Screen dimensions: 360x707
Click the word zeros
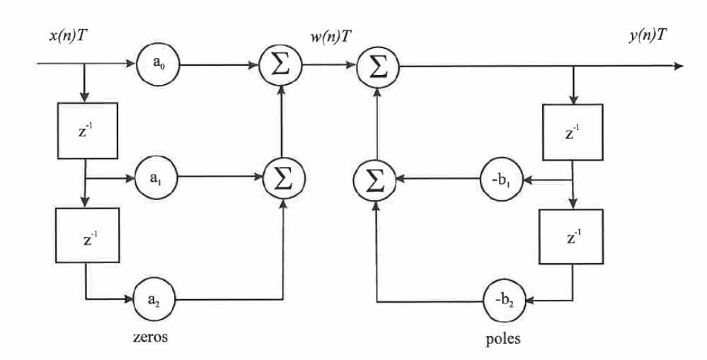click(151, 337)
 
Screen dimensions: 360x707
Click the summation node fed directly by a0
click(283, 66)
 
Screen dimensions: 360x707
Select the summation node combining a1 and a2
click(283, 179)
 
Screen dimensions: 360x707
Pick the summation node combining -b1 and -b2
click(375, 179)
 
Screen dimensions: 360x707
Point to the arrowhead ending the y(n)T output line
click(679, 66)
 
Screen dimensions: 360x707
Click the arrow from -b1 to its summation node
click(435, 179)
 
